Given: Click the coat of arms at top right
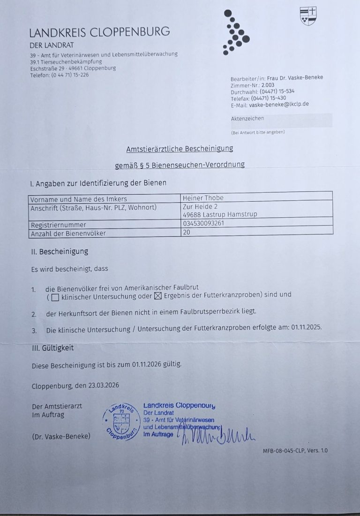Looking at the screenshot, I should pos(308,16).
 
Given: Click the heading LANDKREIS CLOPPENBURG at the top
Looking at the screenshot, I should pos(99,32).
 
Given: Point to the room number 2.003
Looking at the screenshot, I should pos(268,85).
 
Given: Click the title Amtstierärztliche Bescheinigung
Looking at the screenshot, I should pos(180,149).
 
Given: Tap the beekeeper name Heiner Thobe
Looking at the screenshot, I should pos(203,198).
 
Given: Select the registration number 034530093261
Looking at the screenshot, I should pos(203,223).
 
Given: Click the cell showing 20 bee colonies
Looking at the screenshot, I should pos(187,232).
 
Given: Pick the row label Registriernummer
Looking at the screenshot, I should pos(58,225).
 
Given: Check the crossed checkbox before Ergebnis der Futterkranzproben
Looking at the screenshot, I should pos(157,296).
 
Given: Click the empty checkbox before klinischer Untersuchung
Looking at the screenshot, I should pos(55,297).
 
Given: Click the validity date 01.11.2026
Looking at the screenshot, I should pos(149,364).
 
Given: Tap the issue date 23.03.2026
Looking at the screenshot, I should pos(103,386).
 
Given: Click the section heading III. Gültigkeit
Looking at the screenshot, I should pos(52,348).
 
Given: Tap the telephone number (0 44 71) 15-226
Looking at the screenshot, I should pos(69,75).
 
